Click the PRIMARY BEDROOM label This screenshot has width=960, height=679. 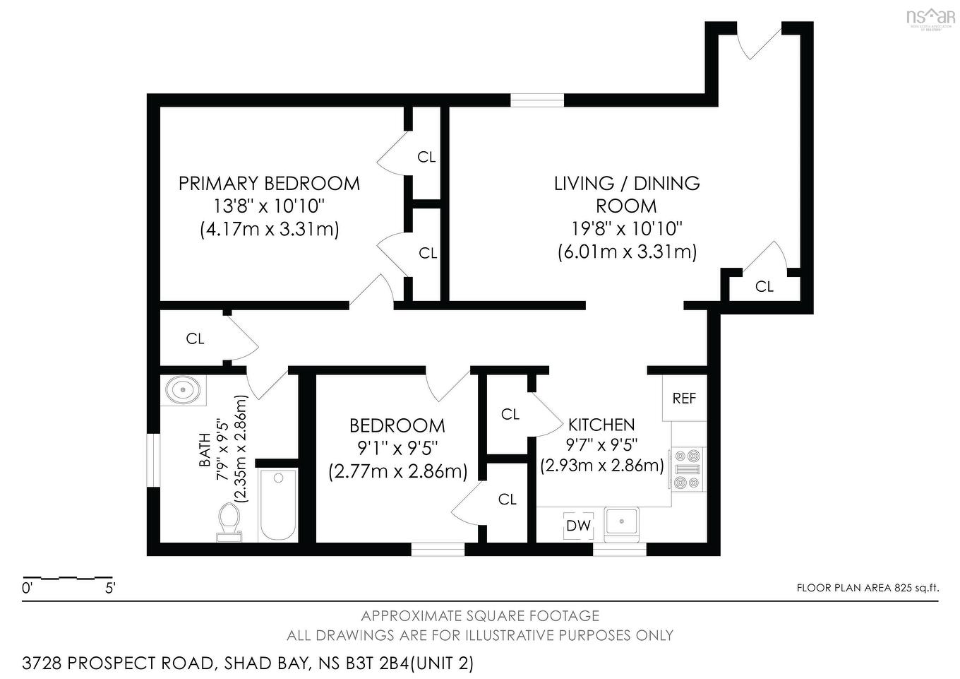269,184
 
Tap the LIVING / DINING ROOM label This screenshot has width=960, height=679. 626,194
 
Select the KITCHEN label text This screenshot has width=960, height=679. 601,425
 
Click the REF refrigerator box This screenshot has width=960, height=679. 684,398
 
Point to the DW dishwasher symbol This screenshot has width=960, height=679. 578,526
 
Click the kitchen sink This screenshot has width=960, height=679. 621,524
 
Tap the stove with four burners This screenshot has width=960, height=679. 687,468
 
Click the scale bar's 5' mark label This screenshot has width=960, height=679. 110,588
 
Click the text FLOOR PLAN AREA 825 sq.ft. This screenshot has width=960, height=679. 868,588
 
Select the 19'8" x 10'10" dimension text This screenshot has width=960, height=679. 627,229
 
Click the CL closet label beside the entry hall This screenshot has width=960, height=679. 764,287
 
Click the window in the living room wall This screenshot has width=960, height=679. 537,100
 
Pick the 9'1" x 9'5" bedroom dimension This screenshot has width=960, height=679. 397,448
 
